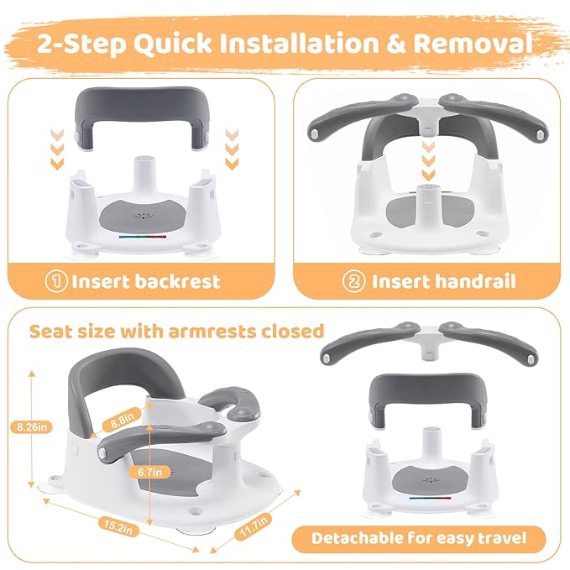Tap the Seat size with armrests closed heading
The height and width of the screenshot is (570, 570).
176,330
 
